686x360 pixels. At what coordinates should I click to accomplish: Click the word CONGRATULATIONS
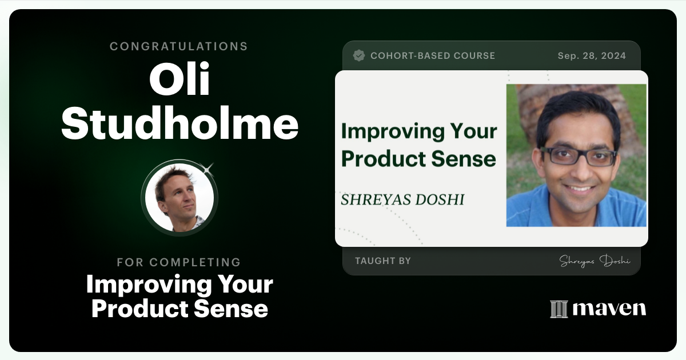click(179, 46)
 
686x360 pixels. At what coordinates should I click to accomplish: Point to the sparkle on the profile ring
click(208, 168)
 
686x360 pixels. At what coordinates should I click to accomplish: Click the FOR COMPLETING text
click(179, 262)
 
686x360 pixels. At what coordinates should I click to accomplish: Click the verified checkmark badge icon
click(359, 55)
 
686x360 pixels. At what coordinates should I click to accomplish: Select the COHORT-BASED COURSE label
click(433, 56)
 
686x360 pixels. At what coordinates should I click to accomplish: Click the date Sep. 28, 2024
click(592, 56)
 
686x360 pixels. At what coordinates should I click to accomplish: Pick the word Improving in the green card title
click(388, 131)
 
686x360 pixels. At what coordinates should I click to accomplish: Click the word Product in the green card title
click(380, 158)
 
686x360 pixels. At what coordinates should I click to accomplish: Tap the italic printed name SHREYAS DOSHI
click(402, 199)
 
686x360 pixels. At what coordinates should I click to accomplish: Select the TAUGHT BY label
click(382, 261)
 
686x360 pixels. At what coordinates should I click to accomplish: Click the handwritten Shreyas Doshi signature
click(595, 261)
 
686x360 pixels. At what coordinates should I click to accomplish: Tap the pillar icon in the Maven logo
click(559, 309)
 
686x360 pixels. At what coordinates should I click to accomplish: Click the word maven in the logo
click(609, 309)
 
